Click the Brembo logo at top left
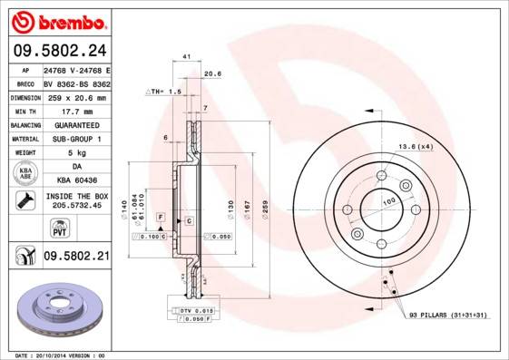[58, 20]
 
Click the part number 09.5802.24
[58, 51]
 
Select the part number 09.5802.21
[76, 257]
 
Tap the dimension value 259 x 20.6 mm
[76, 97]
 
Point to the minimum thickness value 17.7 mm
[76, 111]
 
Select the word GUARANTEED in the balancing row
[76, 124]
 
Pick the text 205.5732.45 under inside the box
[76, 206]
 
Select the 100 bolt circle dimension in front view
[387, 200]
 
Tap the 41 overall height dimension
[186, 57]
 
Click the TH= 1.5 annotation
[164, 92]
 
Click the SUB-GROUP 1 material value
[76, 138]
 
